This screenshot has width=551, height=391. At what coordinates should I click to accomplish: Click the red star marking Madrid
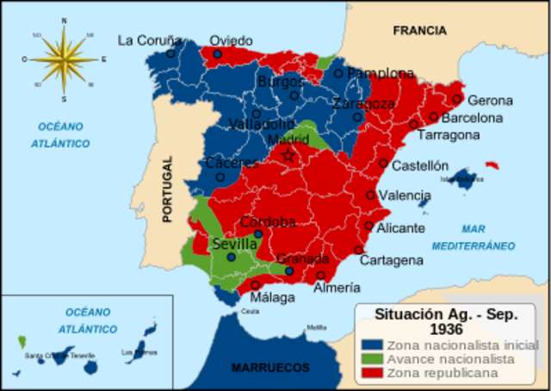[x=288, y=156]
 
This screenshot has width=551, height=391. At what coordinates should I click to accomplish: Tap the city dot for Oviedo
[x=218, y=54]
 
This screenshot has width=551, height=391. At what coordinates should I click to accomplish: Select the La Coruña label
[x=150, y=40]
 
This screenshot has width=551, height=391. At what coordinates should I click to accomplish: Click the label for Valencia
[x=404, y=195]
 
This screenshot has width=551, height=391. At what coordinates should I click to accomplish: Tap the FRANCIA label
[x=419, y=31]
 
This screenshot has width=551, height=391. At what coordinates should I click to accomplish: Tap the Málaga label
[x=272, y=297]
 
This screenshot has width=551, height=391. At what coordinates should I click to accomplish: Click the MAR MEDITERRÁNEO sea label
[x=487, y=238]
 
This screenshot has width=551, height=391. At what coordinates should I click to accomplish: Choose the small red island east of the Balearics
[x=492, y=164]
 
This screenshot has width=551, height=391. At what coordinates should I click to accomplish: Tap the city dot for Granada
[x=289, y=271]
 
